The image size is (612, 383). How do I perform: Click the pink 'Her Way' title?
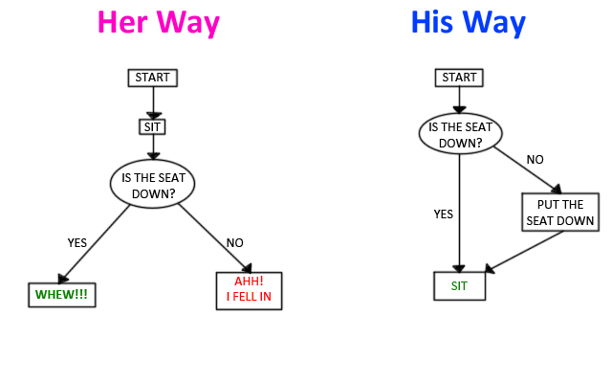coord(158,23)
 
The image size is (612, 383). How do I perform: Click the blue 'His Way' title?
coord(468,23)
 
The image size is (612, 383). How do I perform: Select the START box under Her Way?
coord(153,78)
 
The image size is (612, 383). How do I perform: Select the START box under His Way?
coord(459,78)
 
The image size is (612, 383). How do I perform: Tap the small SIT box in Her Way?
coord(153,125)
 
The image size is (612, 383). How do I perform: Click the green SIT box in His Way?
coord(459,286)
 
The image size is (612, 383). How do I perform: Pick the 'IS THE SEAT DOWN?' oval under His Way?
coord(459,133)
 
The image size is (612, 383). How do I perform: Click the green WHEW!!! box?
coord(61,294)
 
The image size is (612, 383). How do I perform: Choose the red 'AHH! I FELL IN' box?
coord(248,289)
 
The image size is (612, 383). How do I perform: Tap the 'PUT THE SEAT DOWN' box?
coord(560,213)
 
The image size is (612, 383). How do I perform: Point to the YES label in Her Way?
coord(77,242)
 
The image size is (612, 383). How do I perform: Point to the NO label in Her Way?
coord(235,242)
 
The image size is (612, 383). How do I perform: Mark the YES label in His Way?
coord(444,214)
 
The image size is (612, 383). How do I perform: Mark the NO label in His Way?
coord(535,160)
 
